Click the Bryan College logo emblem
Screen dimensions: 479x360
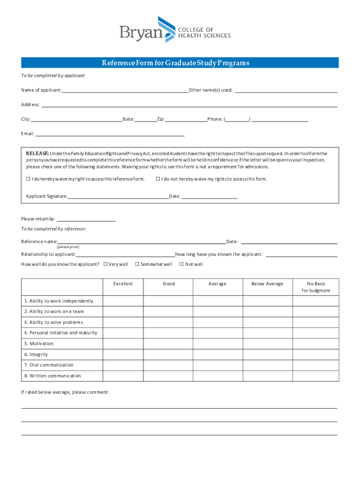click(166, 29)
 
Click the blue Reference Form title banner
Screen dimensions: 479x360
click(180, 63)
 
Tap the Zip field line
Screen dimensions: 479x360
click(186, 119)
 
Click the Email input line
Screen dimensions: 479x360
click(110, 134)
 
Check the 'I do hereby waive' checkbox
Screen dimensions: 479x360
click(28, 179)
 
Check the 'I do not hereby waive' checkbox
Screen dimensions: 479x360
click(158, 179)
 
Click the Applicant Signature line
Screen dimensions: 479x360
click(118, 196)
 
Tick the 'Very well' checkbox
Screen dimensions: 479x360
click(105, 264)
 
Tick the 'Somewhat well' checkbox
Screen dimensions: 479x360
click(137, 264)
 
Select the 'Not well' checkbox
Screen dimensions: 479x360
click(181, 264)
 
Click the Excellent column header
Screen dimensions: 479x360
click(123, 284)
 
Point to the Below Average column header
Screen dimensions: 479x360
click(267, 284)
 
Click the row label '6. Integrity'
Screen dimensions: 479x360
click(36, 355)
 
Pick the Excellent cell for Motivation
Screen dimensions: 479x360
click(123, 344)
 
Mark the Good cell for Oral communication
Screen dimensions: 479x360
click(168, 365)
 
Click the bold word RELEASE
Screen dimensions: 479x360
click(37, 153)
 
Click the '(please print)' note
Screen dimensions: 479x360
click(68, 247)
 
